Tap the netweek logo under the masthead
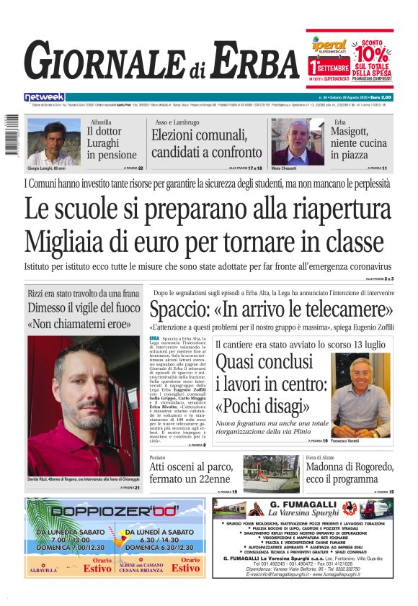pyautogui.click(x=44, y=97)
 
